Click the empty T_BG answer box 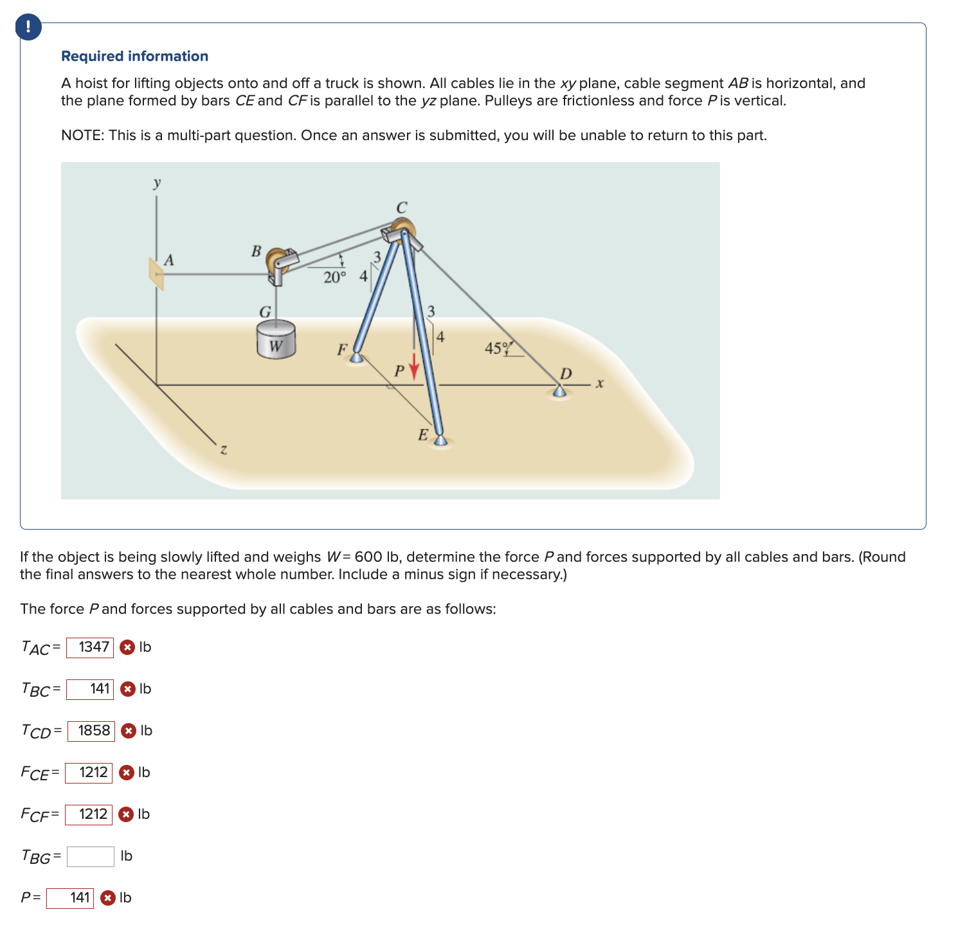click(91, 856)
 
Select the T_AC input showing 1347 click(90, 647)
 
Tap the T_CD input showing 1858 click(91, 731)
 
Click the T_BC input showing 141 click(90, 689)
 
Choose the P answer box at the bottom click(70, 898)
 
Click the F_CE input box click(89, 773)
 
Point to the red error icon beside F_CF click(127, 814)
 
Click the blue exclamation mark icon click(28, 27)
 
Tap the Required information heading click(134, 57)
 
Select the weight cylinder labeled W click(276, 339)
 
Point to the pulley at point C click(402, 230)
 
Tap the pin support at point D click(560, 391)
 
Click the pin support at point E click(440, 440)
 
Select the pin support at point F click(356, 357)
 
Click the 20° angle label click(334, 278)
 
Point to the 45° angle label click(496, 348)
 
